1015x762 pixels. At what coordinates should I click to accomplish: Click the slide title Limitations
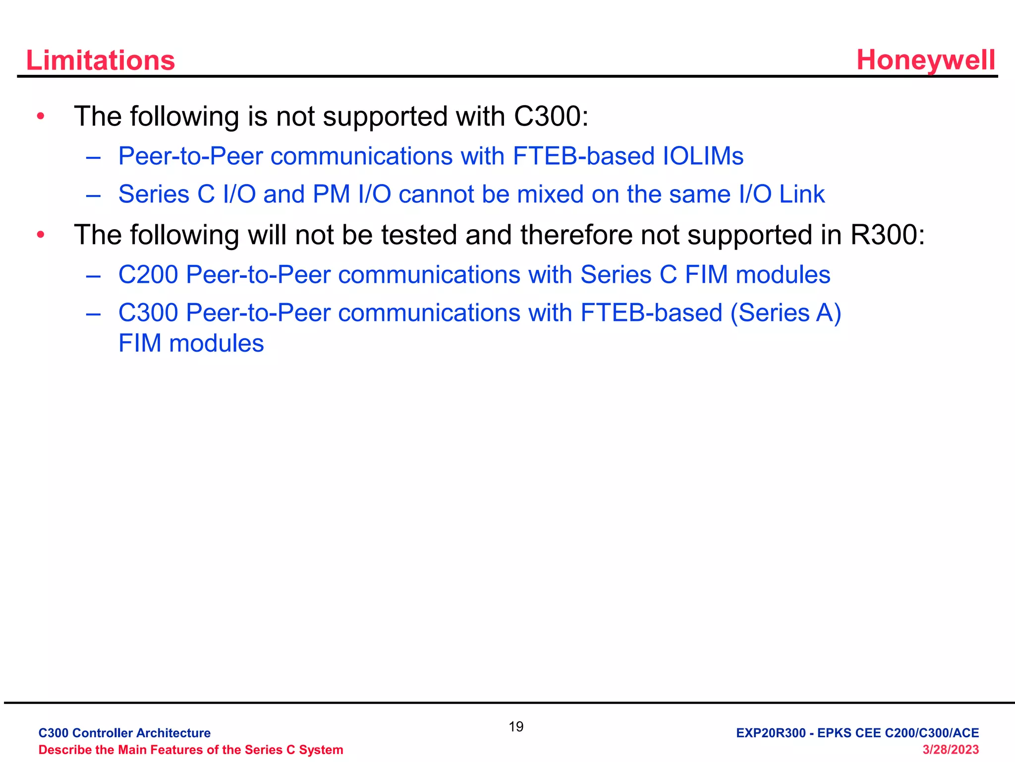(100, 61)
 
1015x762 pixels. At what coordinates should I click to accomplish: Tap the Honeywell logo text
(925, 61)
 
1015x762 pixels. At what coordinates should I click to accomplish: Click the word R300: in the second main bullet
(887, 235)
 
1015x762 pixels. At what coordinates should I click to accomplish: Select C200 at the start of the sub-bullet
(148, 275)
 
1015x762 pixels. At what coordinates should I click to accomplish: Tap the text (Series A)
(786, 313)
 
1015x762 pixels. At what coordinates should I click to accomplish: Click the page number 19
(515, 727)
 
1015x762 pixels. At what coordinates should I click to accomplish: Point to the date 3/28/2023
(950, 750)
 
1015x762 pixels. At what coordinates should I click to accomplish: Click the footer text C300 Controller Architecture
(124, 733)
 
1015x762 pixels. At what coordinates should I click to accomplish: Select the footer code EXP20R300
(770, 733)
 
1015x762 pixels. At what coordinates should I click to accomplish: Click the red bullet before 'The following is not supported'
(41, 117)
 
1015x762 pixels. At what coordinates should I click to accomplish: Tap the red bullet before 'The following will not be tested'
(41, 235)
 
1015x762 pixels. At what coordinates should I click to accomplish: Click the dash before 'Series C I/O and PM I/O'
(93, 195)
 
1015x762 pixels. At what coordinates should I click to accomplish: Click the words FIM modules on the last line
(191, 343)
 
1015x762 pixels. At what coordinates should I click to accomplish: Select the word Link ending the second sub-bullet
(801, 194)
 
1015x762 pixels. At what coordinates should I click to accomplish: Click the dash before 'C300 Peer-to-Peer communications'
(93, 314)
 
